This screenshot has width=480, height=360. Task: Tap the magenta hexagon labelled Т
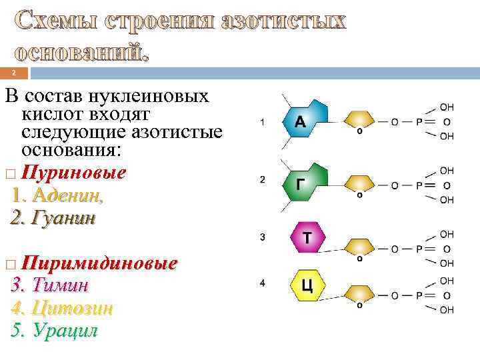(x=306, y=237)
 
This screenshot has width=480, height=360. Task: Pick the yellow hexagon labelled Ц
(x=307, y=285)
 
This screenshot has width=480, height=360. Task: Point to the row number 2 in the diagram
(x=263, y=180)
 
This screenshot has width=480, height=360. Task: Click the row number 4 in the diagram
(x=263, y=283)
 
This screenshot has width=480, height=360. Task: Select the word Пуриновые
(x=73, y=173)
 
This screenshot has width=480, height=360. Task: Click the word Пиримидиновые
(x=99, y=263)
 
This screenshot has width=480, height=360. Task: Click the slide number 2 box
(x=14, y=73)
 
